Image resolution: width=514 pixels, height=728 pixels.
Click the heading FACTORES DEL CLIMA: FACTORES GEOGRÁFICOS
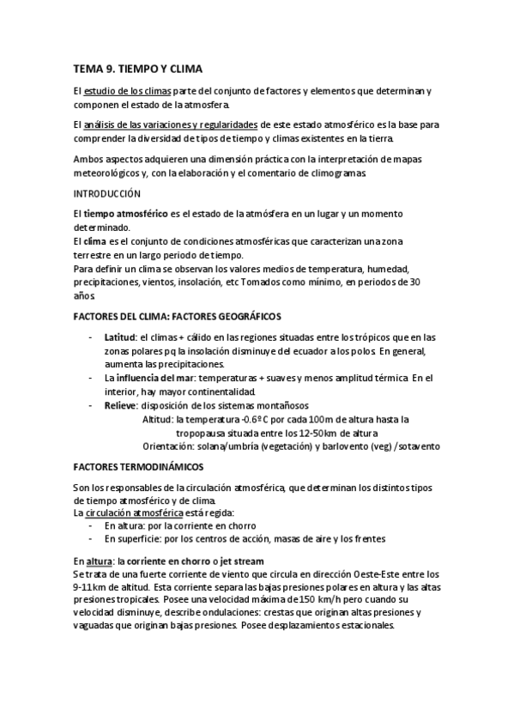[178, 316]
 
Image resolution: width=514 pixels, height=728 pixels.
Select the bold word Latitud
[119, 337]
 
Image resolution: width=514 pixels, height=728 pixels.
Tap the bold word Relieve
[119, 405]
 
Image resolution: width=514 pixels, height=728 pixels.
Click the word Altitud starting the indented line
[157, 419]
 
